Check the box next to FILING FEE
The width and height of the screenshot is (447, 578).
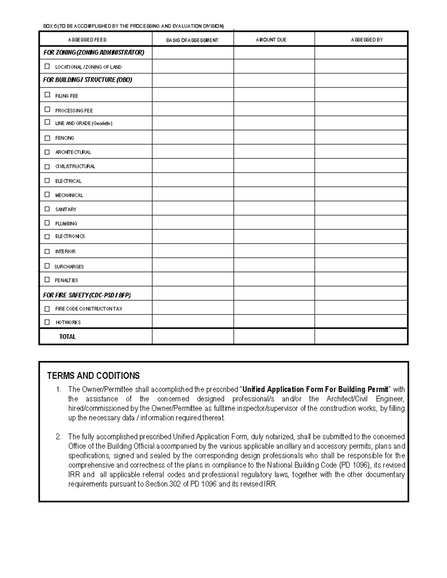47,95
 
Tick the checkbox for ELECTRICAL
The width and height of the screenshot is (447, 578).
47,181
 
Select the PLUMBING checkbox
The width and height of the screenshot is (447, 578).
47,223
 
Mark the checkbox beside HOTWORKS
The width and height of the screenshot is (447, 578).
47,322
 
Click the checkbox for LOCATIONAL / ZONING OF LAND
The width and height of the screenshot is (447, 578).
47,66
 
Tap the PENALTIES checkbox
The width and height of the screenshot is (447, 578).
47,280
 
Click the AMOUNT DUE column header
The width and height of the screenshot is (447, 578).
271,40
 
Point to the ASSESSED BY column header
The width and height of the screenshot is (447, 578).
367,40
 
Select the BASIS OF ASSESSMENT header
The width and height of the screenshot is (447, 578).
192,40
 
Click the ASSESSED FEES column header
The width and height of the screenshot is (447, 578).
87,40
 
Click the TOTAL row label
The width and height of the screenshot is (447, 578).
67,337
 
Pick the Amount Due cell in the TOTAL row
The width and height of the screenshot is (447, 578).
274,336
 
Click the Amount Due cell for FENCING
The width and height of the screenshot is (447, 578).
274,137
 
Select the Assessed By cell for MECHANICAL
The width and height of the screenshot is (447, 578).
361,194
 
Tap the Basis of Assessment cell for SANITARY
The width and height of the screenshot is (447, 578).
193,208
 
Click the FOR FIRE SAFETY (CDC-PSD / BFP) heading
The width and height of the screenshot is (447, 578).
87,295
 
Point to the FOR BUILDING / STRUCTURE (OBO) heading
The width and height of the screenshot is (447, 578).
88,80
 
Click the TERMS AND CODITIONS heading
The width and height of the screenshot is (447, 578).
93,376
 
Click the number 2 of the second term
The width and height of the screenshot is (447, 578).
58,437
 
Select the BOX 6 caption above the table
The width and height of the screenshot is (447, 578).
133,26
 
